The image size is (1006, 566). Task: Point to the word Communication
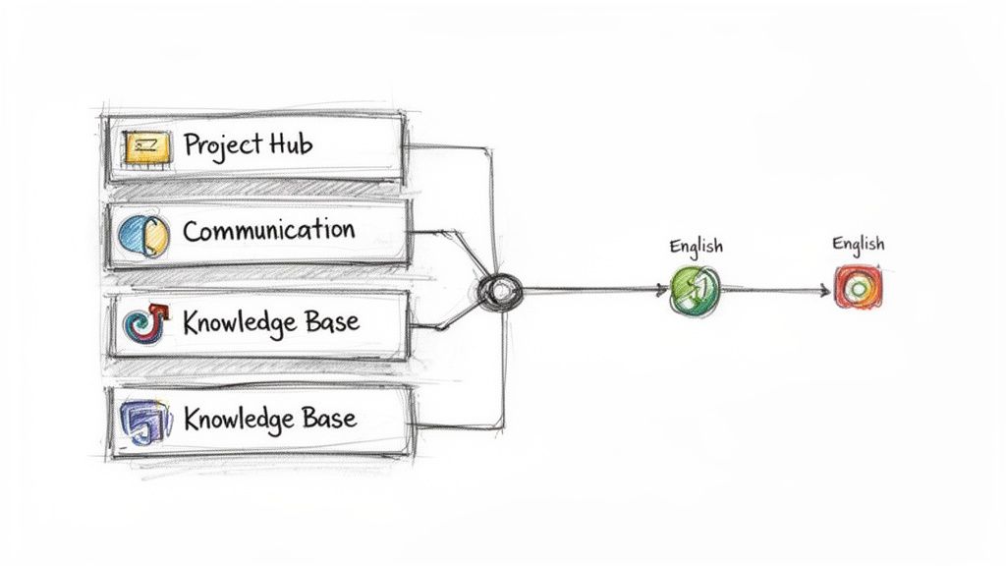tap(268, 232)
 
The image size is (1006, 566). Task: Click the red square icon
tap(857, 289)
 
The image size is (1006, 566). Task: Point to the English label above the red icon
tap(858, 243)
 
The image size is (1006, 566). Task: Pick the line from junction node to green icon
tap(589, 290)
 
